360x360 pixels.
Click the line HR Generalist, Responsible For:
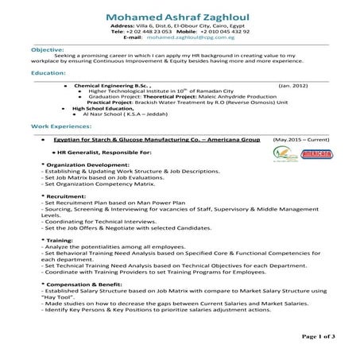(x=103, y=151)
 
